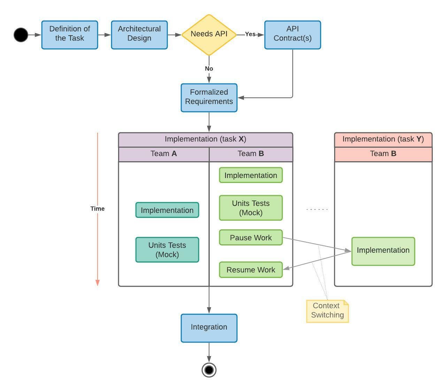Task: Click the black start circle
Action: coord(21,35)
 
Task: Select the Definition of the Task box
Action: coord(70,35)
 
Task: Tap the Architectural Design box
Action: coord(139,35)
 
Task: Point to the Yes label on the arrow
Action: coord(250,34)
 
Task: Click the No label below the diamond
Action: coord(209,68)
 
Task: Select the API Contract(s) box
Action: coord(292,35)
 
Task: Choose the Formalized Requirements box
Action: coord(209,97)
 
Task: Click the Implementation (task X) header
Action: coord(206,139)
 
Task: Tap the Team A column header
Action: coord(164,154)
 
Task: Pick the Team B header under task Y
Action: coord(383,154)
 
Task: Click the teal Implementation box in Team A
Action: coord(167,210)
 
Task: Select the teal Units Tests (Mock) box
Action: coord(167,250)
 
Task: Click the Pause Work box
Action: coord(251,237)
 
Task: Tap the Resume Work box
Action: coord(251,270)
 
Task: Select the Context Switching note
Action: coord(327,311)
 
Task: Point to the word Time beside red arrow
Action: coord(97,208)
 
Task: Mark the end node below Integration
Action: coord(209,370)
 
